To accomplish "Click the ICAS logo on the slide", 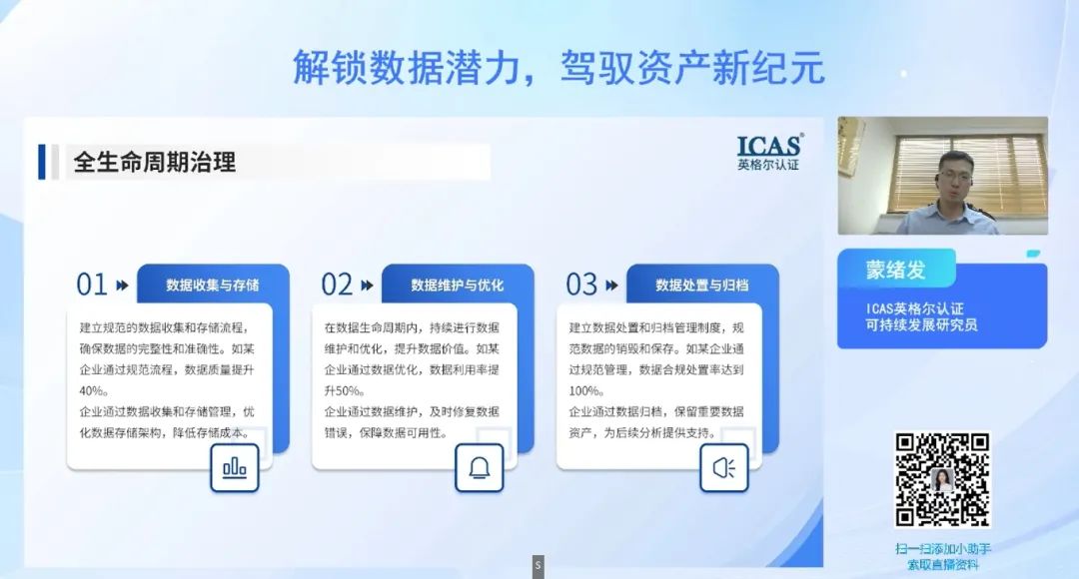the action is click(x=768, y=152).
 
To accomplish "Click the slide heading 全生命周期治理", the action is click(x=155, y=163).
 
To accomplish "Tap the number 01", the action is click(x=92, y=285).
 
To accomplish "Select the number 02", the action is click(x=337, y=285).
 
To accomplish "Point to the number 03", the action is click(x=581, y=285).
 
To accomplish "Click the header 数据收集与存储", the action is click(x=212, y=285).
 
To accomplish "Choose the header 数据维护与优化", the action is click(x=457, y=285).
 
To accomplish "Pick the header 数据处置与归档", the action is click(x=702, y=285).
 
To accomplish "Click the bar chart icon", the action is click(x=235, y=467).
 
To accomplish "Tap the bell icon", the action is click(x=480, y=467).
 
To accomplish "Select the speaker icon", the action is click(x=724, y=467).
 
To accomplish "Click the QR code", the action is click(x=942, y=479).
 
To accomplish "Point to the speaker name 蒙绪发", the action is click(x=895, y=270).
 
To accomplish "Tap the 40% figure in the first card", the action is click(x=94, y=390).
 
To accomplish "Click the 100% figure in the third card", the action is click(x=585, y=390).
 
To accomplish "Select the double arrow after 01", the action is click(x=123, y=285).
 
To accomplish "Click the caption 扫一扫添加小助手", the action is click(x=943, y=549).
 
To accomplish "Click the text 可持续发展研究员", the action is click(x=921, y=324).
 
